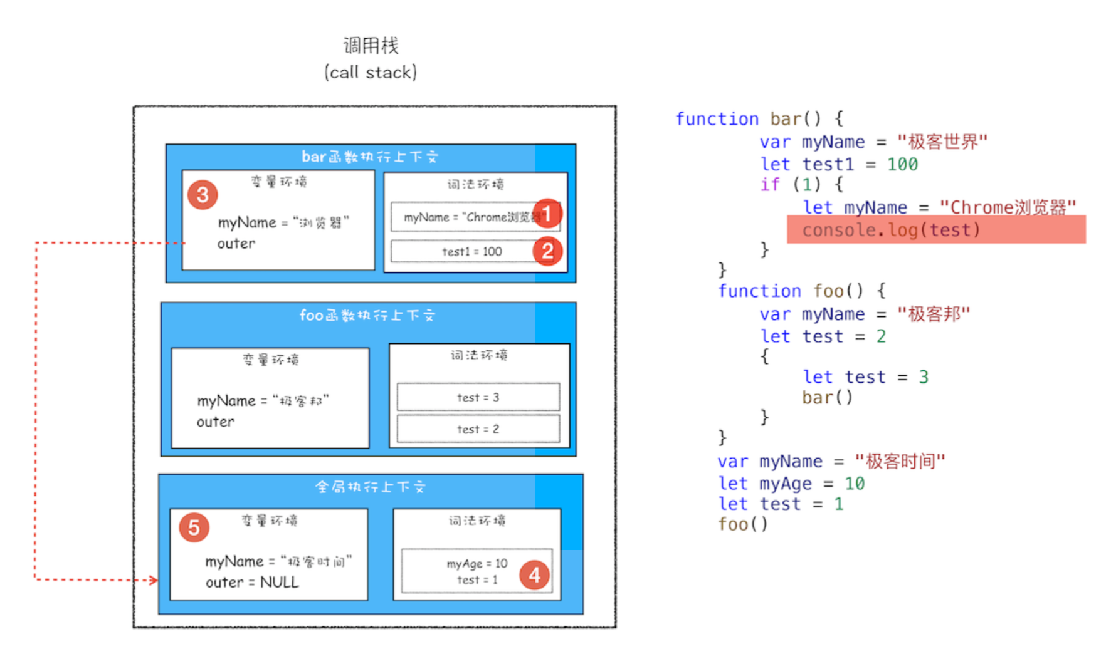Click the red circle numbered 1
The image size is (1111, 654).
pos(547,214)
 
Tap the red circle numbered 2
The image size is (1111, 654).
pos(547,251)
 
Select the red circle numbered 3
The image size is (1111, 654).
pos(203,195)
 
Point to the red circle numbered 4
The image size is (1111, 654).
pos(534,575)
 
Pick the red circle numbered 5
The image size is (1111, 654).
pos(194,527)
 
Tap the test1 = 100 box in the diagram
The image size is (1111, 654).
pos(464,251)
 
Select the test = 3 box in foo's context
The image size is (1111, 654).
pos(478,397)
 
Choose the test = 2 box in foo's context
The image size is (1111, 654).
pos(478,429)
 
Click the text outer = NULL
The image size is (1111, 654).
pos(252,583)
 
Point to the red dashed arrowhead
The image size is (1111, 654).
pos(153,580)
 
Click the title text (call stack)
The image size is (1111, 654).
pos(371,73)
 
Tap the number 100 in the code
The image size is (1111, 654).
pos(902,164)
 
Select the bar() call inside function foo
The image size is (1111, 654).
pos(828,398)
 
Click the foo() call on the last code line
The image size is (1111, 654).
pos(743,524)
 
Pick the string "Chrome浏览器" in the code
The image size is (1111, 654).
pos(1008,207)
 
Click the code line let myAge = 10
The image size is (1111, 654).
pos(791,484)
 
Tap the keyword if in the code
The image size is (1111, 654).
pos(770,185)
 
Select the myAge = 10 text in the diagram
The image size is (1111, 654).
pos(477,564)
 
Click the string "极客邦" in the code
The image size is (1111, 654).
pos(934,314)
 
